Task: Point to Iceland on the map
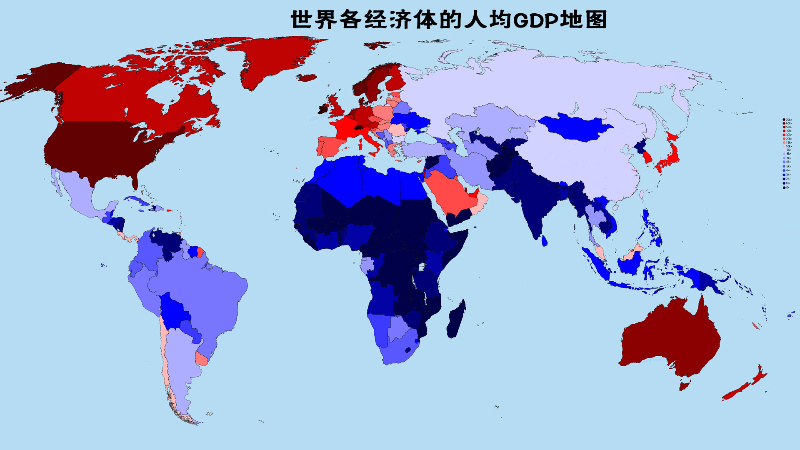[x=307, y=78]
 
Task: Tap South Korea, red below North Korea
[x=647, y=157]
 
